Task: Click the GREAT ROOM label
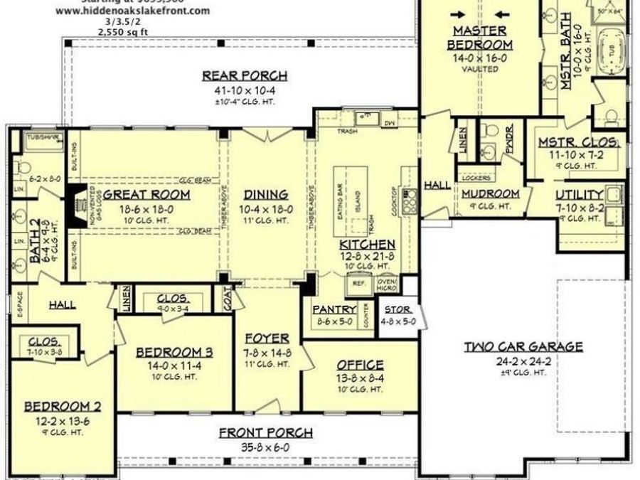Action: [x=146, y=194]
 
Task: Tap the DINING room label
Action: [x=266, y=194]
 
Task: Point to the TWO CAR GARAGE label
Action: [x=523, y=347]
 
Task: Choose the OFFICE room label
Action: [x=360, y=365]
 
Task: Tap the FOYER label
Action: [x=267, y=338]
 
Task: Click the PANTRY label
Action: [x=334, y=309]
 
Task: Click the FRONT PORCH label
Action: [x=265, y=432]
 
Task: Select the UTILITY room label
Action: [x=580, y=195]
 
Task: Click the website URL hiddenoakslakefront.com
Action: [x=132, y=11]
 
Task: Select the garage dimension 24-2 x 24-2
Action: [x=523, y=361]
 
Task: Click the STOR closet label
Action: [x=397, y=310]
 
